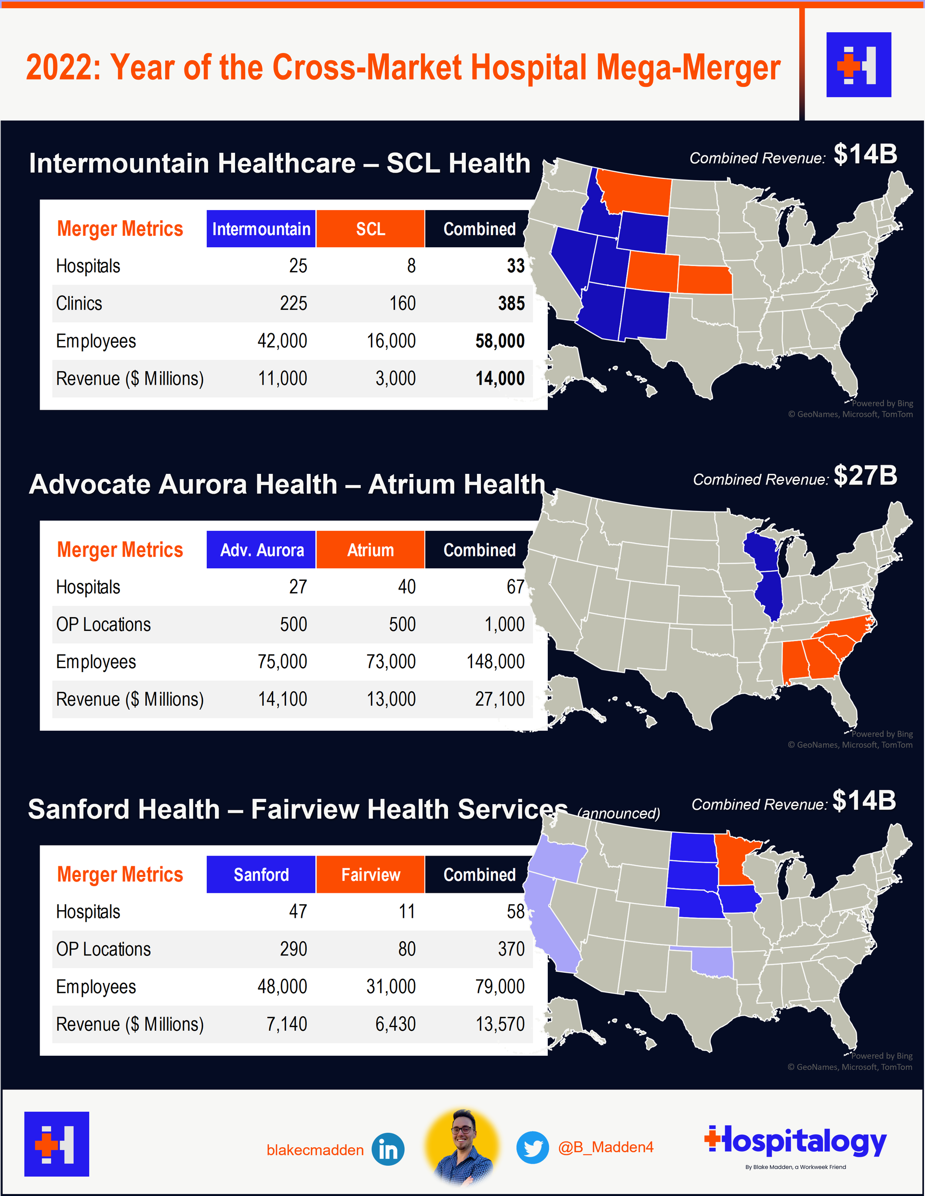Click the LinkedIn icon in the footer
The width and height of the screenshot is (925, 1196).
point(388,1149)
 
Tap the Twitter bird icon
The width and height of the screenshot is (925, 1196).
point(532,1147)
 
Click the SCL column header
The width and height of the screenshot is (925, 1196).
point(370,229)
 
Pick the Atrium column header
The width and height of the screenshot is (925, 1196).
point(370,550)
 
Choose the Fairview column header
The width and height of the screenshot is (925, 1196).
point(370,874)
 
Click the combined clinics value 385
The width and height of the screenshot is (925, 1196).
point(511,303)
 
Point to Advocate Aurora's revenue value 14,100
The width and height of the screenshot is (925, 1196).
point(282,699)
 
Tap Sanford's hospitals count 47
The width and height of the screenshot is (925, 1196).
point(298,912)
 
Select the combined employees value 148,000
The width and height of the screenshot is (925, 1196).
point(495,661)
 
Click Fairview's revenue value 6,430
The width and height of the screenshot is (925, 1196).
point(395,1024)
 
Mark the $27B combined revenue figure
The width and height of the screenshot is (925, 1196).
point(865,475)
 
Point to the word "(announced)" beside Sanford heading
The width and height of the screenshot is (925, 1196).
point(619,813)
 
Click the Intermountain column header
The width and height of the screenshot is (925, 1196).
point(261,229)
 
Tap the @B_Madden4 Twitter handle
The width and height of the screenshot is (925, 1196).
point(606,1147)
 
